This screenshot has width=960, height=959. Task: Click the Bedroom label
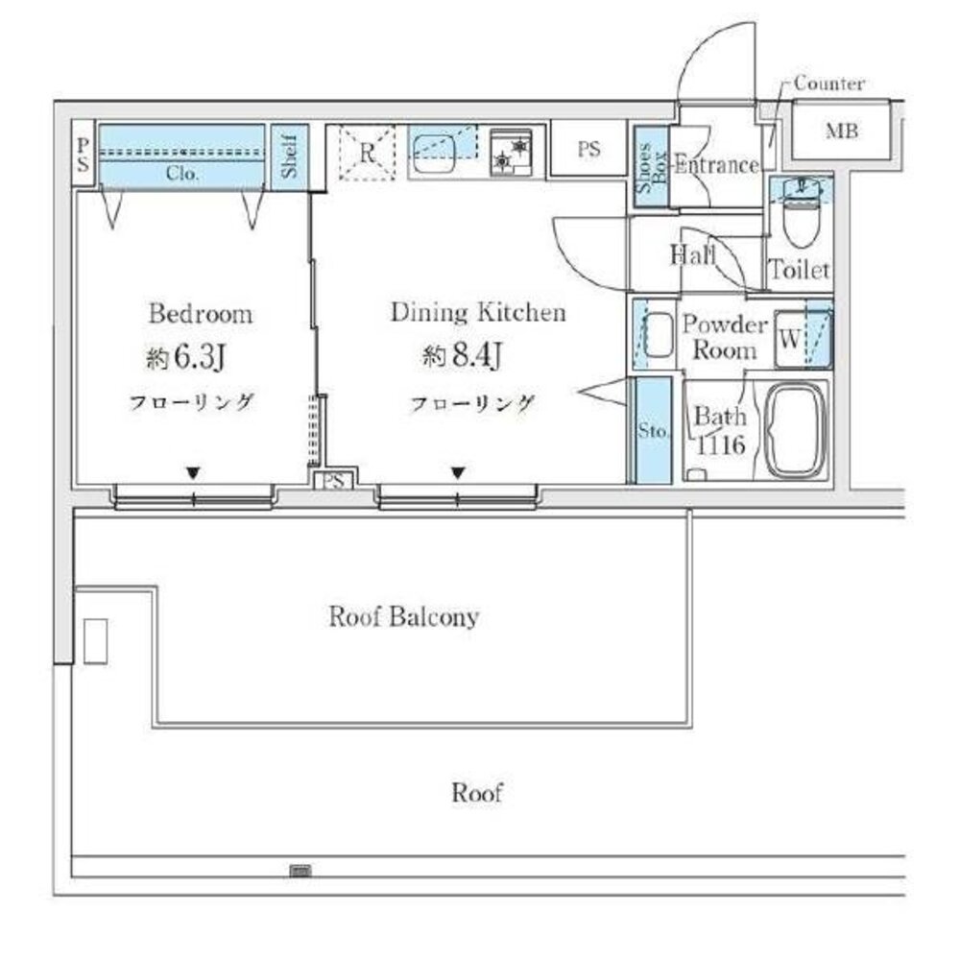[201, 314]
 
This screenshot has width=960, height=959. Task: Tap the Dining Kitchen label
[478, 312]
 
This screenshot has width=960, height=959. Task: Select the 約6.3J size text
[186, 357]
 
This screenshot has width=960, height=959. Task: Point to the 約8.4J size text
[463, 355]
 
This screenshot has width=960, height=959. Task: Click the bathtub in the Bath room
[796, 430]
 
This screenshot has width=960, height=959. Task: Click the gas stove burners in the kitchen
[511, 153]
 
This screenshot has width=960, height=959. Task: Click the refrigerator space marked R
[368, 153]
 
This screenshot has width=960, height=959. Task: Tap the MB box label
[842, 132]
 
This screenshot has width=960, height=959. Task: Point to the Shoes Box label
[652, 167]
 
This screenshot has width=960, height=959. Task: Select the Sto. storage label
[653, 430]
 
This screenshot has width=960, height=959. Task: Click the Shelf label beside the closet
[290, 156]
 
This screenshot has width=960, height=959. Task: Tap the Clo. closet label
[182, 174]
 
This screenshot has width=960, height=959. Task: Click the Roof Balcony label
[403, 616]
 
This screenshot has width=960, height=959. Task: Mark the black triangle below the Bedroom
[194, 473]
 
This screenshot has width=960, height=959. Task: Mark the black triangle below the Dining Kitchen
[458, 472]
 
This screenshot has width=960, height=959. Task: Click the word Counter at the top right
[829, 84]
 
